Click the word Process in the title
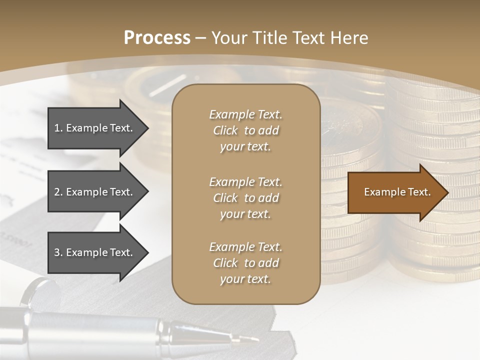157,38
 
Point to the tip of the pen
257,340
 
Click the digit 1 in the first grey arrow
56,128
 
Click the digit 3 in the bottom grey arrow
57,252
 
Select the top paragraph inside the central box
245,130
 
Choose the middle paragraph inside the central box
245,197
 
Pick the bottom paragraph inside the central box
245,263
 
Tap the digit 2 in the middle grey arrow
57,192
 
